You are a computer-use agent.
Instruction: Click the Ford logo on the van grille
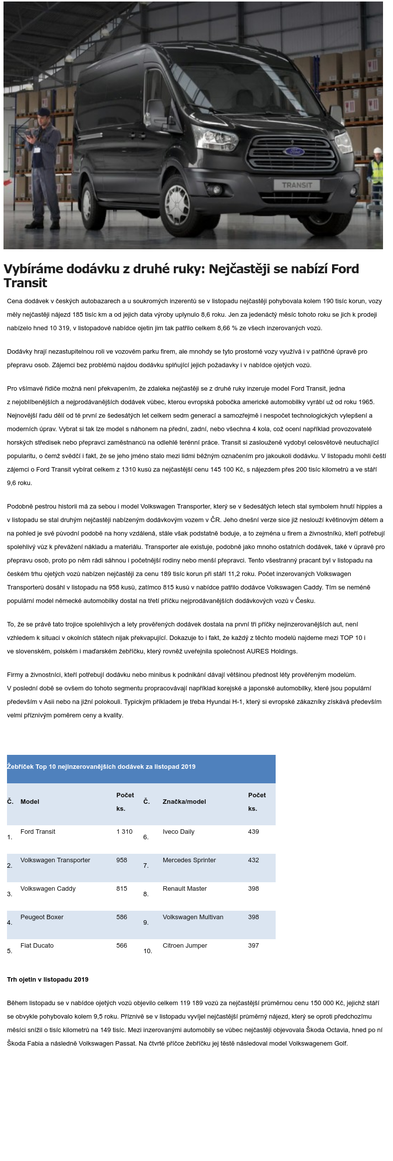point(294,151)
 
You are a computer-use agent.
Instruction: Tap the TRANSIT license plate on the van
point(297,185)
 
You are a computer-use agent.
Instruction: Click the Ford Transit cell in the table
point(38,832)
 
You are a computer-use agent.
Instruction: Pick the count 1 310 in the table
point(124,832)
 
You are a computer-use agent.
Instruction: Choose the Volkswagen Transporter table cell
point(55,860)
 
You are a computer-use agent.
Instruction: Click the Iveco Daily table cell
point(178,832)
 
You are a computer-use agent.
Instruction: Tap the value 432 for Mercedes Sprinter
point(254,860)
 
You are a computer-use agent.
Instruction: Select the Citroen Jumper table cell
point(185,946)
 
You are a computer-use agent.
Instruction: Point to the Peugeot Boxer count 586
point(122,917)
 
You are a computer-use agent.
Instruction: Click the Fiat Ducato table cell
point(37,946)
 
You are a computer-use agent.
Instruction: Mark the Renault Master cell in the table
point(185,889)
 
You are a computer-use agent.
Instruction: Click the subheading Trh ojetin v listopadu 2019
point(48,980)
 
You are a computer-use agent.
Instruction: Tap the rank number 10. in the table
point(148,951)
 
